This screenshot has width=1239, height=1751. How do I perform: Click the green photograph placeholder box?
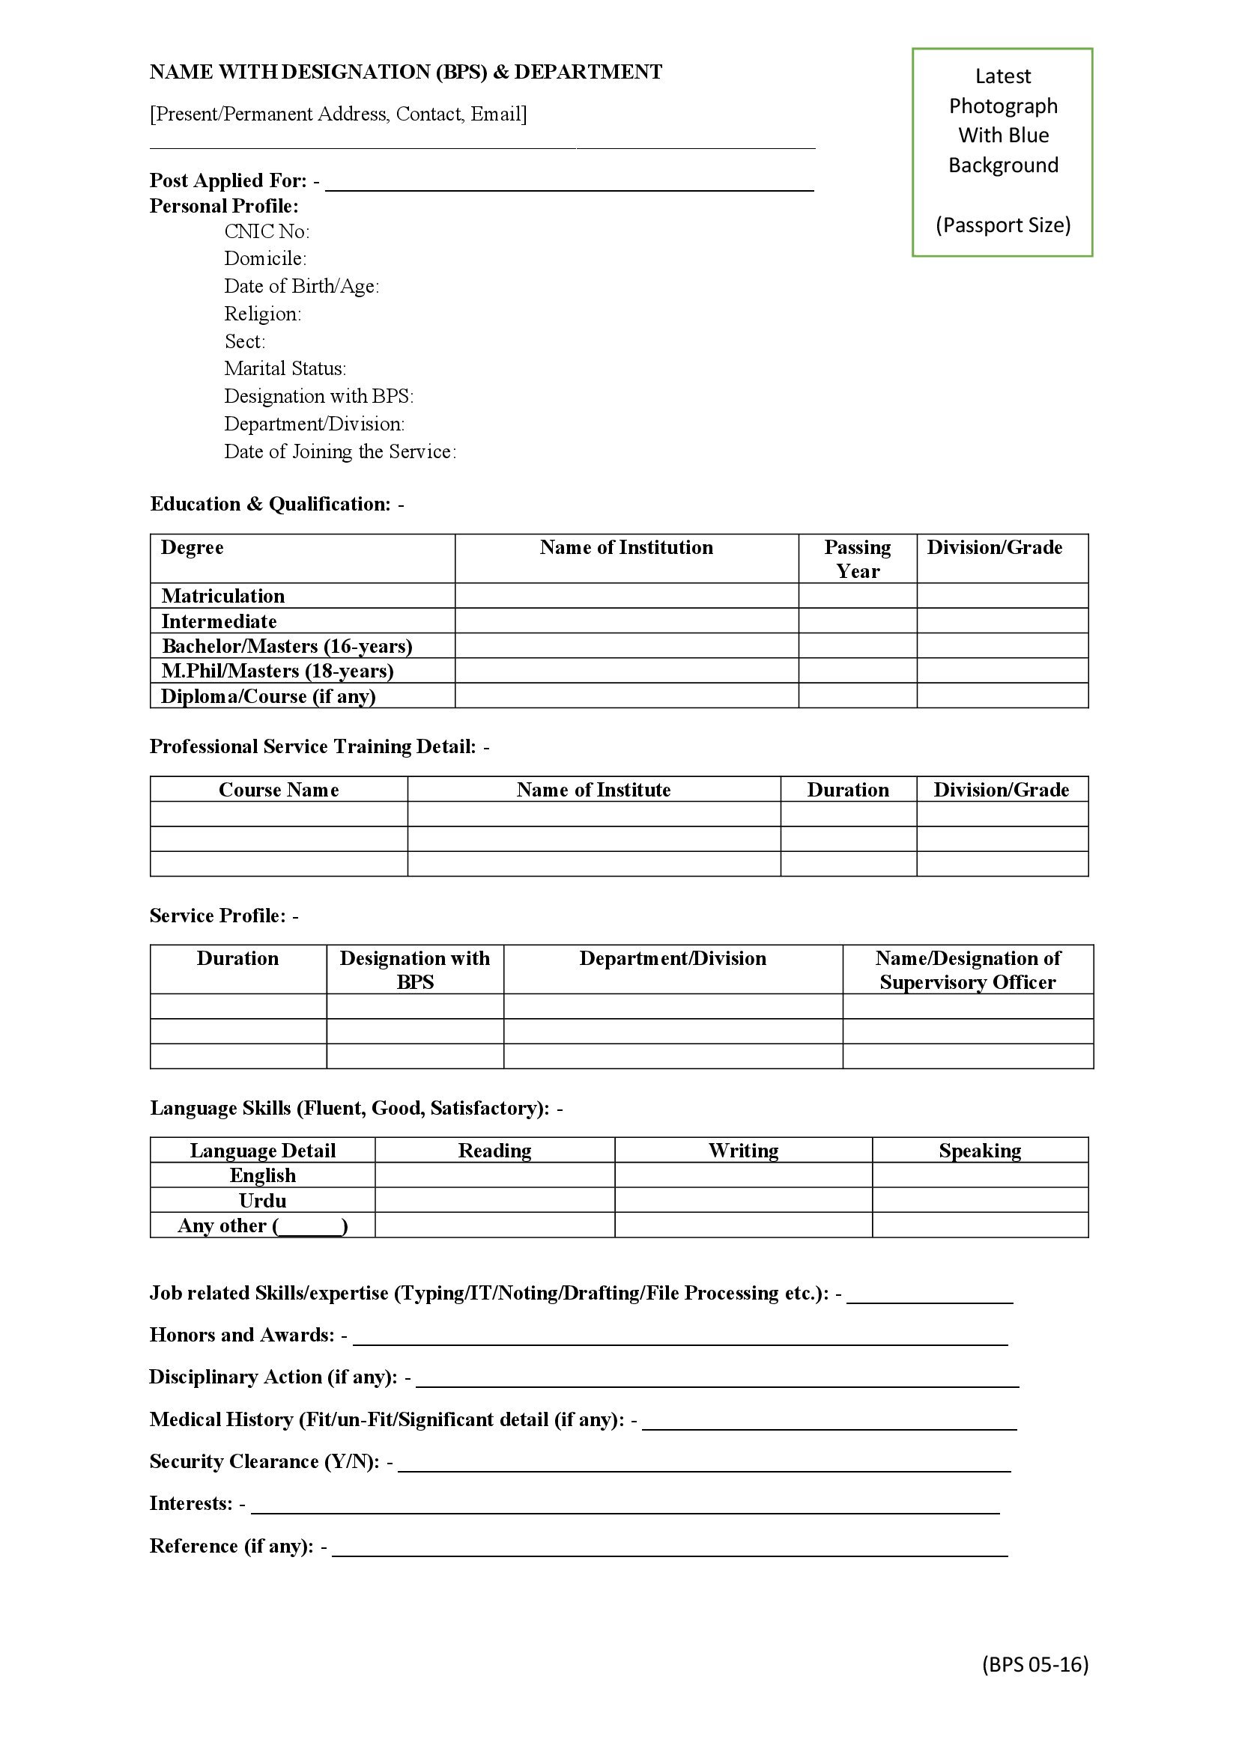1002,153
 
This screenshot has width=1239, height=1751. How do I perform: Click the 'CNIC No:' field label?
266,232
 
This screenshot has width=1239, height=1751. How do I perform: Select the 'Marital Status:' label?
285,369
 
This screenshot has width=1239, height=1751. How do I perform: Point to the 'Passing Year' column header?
857,559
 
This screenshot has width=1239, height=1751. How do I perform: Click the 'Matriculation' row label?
222,596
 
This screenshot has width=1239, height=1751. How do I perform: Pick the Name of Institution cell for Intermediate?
626,621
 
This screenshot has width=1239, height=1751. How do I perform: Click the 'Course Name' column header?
279,790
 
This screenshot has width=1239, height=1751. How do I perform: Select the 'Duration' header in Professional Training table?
848,790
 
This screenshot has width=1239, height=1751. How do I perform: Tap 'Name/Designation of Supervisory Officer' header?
967,970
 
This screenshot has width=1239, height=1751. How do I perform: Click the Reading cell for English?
494,1175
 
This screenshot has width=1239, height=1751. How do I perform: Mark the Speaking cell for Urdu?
980,1200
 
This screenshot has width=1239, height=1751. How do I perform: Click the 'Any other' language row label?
262,1225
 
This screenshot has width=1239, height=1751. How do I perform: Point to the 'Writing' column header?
743,1151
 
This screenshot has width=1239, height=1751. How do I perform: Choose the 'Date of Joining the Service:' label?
339,452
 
